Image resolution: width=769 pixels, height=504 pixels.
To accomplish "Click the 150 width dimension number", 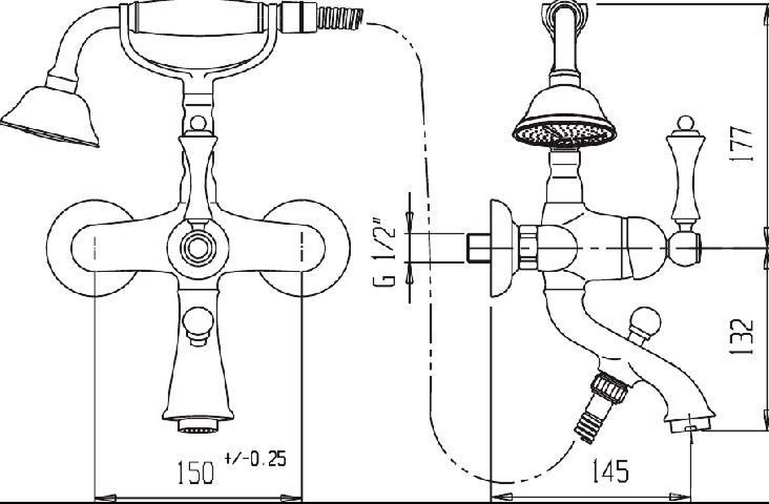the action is pos(195,472).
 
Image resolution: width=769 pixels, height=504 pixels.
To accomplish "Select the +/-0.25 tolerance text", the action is pos(255,459).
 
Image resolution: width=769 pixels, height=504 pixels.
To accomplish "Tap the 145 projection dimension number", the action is pos(611,471).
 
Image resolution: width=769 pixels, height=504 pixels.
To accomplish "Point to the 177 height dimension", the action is pos(742,144).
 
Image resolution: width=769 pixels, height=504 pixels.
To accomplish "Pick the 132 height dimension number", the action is pos(743,337).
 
